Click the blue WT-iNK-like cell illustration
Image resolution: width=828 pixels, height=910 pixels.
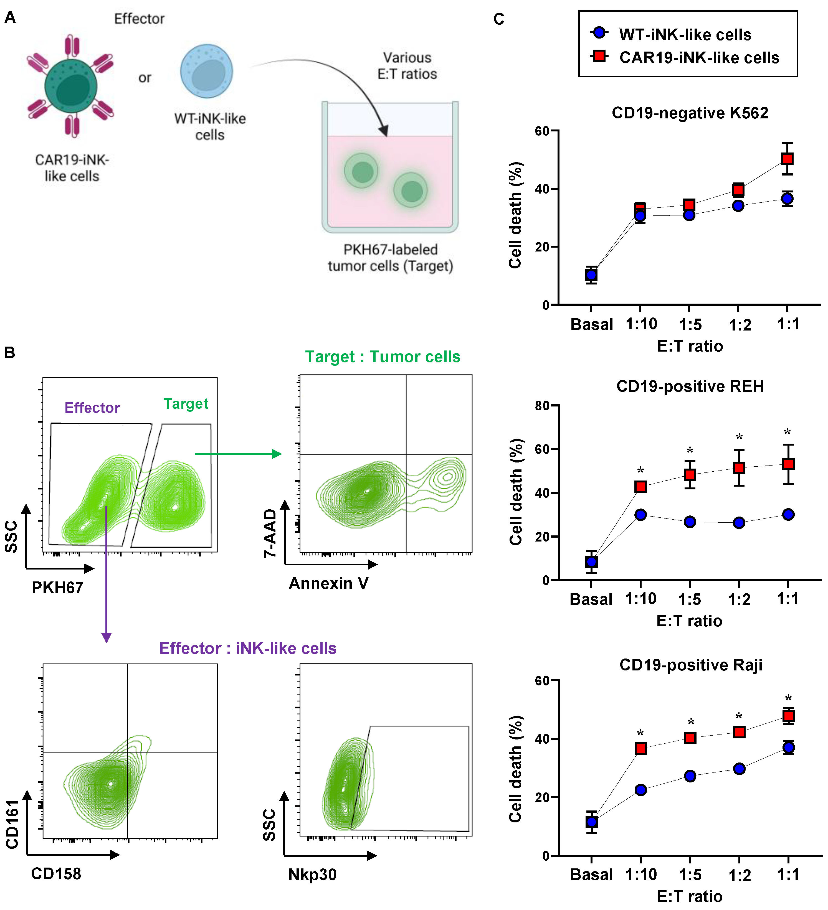point(206,71)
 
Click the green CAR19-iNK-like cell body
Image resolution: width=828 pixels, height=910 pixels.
point(71,86)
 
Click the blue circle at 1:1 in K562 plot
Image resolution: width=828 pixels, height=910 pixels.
point(788,199)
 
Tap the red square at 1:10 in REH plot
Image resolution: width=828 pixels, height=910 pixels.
point(640,487)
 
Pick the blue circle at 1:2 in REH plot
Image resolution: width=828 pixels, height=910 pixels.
point(739,523)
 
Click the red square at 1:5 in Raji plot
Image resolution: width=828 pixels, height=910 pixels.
point(690,738)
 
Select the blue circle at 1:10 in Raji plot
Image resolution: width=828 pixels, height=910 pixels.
point(641,790)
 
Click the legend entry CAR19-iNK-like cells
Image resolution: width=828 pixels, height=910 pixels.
point(699,58)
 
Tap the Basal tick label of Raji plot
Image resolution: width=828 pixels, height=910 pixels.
point(591,874)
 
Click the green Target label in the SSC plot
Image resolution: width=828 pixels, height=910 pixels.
point(186,403)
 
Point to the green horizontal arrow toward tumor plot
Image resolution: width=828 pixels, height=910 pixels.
point(238,454)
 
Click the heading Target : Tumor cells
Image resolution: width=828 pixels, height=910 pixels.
point(383,357)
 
